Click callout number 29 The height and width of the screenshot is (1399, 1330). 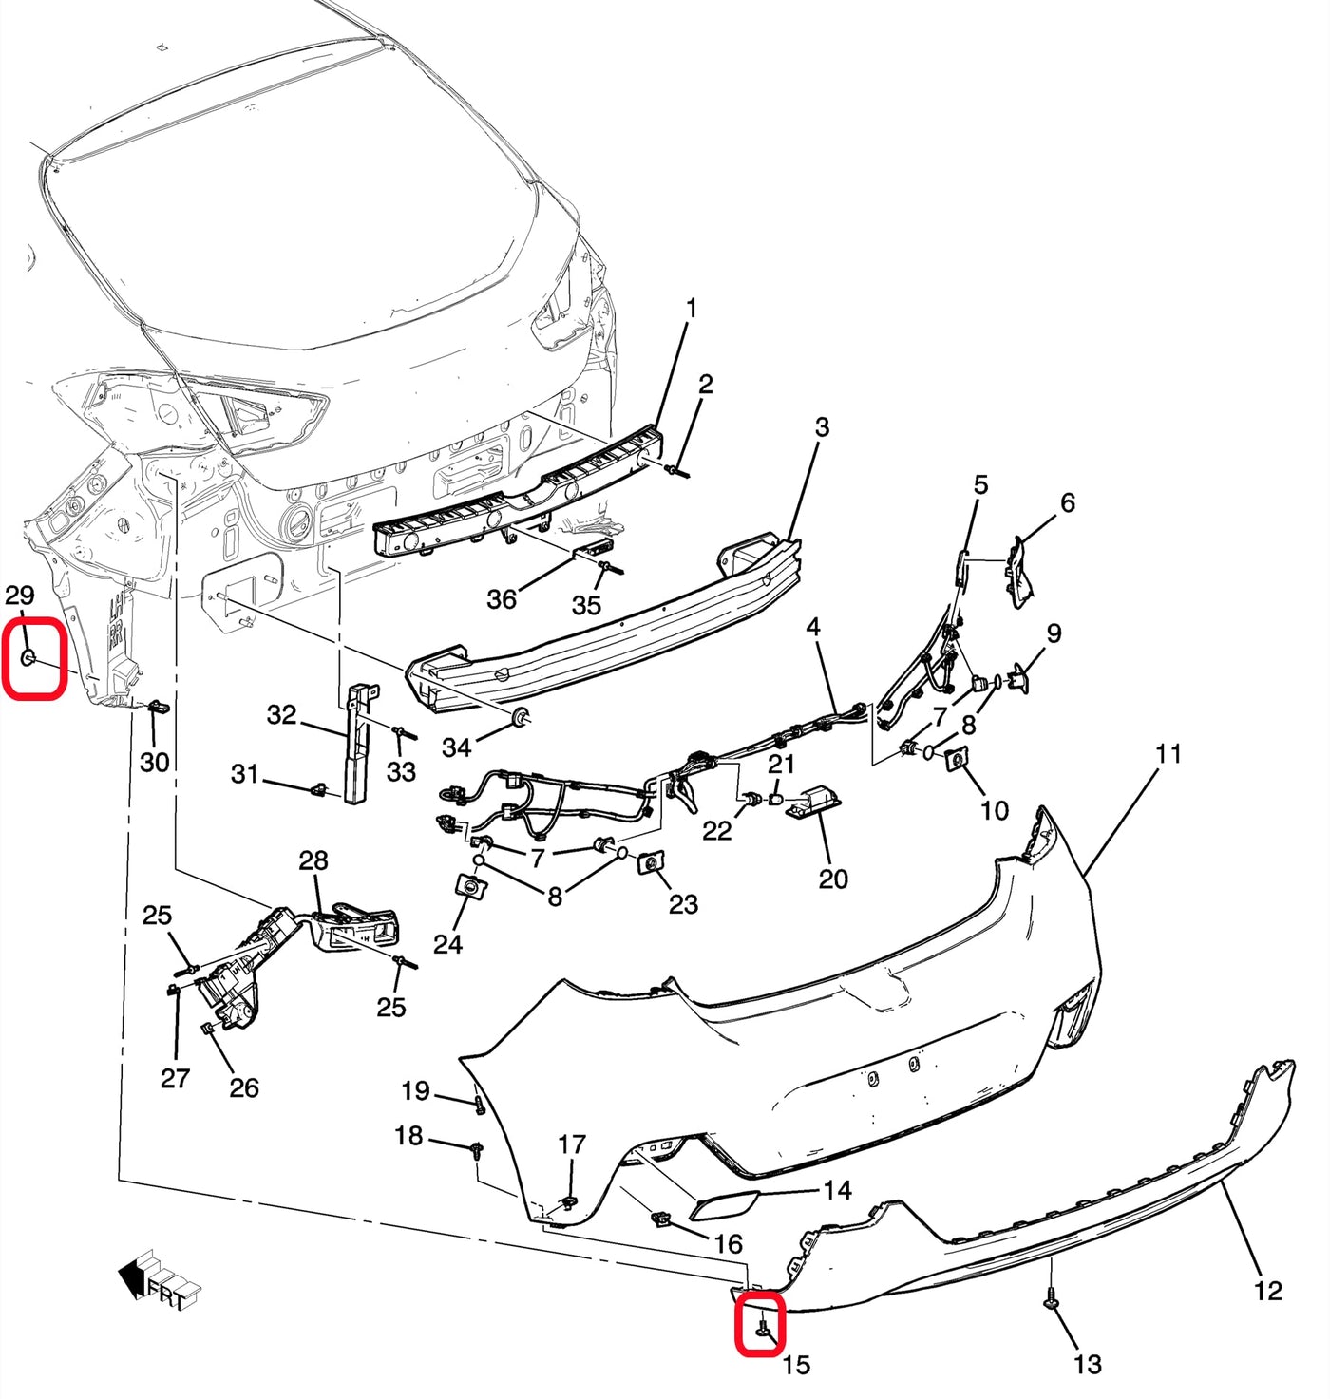[19, 596]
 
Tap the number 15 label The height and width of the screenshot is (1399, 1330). [796, 1365]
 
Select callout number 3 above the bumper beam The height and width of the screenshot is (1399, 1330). [822, 427]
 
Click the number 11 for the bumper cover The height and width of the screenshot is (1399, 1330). [1168, 754]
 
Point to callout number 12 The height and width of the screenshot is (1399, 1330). [1267, 1290]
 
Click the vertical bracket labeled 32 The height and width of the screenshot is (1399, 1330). [358, 746]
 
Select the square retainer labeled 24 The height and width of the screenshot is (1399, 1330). [471, 886]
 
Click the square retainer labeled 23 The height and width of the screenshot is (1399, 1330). [651, 861]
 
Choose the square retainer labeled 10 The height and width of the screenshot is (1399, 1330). [956, 757]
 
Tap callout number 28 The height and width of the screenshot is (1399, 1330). [313, 860]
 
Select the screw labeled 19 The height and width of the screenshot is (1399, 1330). [480, 1105]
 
